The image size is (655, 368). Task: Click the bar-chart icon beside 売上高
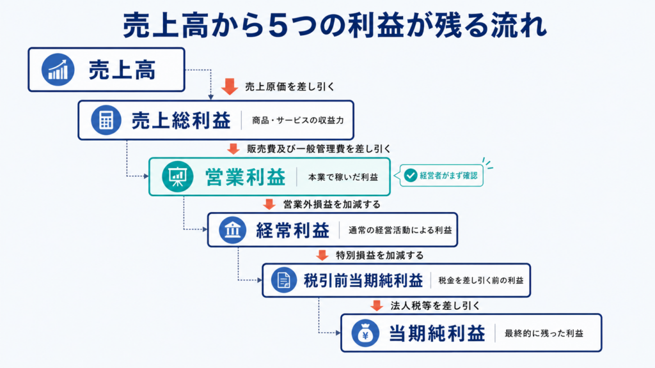pyautogui.click(x=58, y=70)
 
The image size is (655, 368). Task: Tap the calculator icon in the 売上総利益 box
pyautogui.click(x=106, y=120)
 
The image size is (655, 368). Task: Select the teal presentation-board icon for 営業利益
pyautogui.click(x=178, y=176)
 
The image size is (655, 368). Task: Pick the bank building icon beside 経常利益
pyautogui.click(x=233, y=230)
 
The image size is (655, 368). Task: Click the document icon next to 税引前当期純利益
pyautogui.click(x=283, y=280)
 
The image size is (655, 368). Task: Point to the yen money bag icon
pyautogui.click(x=365, y=333)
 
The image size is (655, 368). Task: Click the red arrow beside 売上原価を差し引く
pyautogui.click(x=230, y=86)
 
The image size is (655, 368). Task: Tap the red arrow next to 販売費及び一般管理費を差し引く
pyautogui.click(x=233, y=148)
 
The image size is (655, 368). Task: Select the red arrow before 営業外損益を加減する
pyautogui.click(x=269, y=204)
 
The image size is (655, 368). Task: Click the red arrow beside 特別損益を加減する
pyautogui.click(x=322, y=255)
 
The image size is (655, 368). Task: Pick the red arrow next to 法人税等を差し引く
pyautogui.click(x=377, y=305)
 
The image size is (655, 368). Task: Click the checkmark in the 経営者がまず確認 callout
pyautogui.click(x=411, y=175)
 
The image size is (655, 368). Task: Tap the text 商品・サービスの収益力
pyautogui.click(x=298, y=120)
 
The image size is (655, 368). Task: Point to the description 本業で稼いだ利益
pyautogui.click(x=343, y=177)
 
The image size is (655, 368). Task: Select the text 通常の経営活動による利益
pyautogui.click(x=400, y=230)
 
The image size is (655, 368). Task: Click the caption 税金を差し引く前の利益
pyautogui.click(x=481, y=280)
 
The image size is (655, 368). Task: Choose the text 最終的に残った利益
pyautogui.click(x=544, y=333)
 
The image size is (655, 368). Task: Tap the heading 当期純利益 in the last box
pyautogui.click(x=437, y=333)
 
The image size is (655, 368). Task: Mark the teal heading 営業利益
pyautogui.click(x=245, y=177)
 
